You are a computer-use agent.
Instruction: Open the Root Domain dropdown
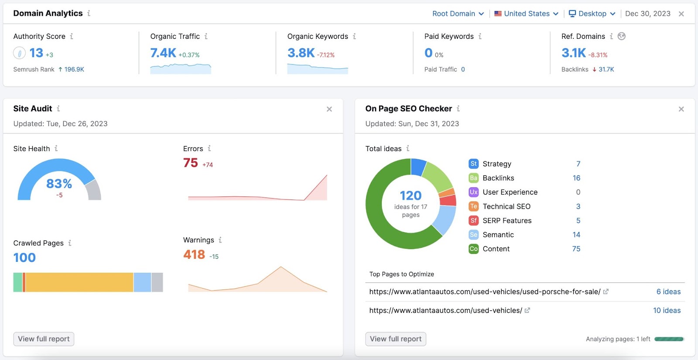[x=458, y=14]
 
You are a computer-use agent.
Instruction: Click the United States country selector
[x=526, y=14]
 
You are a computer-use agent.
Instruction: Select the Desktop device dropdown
[x=592, y=14]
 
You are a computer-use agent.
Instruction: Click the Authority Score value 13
[x=36, y=53]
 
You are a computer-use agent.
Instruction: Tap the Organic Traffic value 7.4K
[x=163, y=53]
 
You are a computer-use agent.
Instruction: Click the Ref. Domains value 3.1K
[x=573, y=53]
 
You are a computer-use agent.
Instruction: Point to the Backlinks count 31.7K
[x=606, y=69]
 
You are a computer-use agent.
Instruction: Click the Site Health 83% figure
[x=59, y=184]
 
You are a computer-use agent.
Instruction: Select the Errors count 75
[x=191, y=163]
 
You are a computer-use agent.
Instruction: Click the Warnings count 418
[x=194, y=255]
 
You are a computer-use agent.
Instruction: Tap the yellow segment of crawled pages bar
[x=79, y=282]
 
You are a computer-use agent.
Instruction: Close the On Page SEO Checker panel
[x=681, y=109]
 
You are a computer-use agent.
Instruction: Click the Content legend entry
[x=496, y=249]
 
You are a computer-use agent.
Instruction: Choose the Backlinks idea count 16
[x=576, y=178]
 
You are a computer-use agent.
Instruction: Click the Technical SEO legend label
[x=506, y=206]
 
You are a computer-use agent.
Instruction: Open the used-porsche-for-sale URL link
[x=485, y=292]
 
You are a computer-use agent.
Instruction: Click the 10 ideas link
[x=667, y=311]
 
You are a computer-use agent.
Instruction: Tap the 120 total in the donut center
[x=411, y=196]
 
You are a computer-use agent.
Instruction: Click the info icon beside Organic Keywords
[x=354, y=36]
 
